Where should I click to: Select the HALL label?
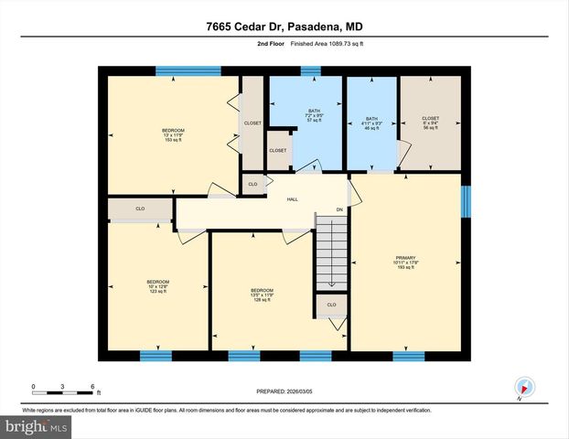(293, 198)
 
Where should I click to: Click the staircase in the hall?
(331, 252)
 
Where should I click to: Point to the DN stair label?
(338, 209)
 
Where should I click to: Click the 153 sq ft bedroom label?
(173, 135)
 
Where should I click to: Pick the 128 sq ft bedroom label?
(263, 294)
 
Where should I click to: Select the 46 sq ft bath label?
(371, 123)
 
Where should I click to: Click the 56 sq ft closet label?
(430, 123)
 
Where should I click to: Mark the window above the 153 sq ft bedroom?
(188, 70)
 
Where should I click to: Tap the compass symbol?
(524, 387)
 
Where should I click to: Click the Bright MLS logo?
(38, 426)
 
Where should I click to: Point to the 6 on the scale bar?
(92, 386)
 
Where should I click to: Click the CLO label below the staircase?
(331, 305)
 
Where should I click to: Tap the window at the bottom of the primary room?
(408, 355)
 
